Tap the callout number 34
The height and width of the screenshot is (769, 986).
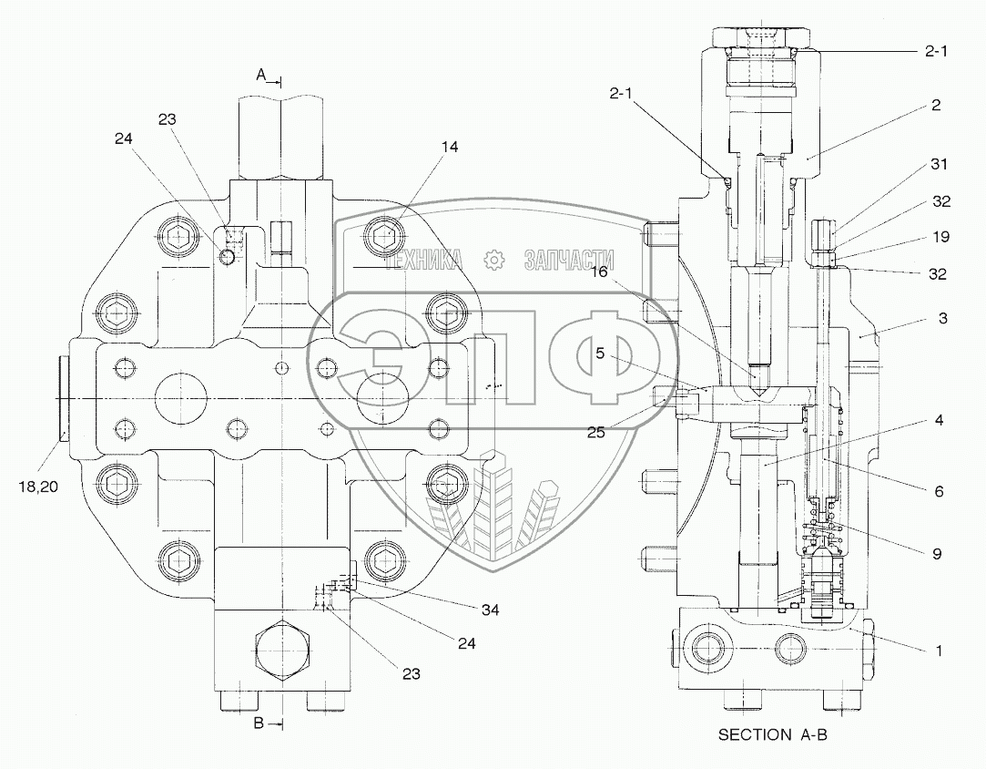[490, 609]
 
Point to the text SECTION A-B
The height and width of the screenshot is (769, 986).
[773, 734]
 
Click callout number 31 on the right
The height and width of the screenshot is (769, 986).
[940, 165]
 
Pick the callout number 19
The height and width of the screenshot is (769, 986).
[941, 237]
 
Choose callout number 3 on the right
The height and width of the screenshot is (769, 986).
[943, 318]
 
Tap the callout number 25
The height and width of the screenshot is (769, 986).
[595, 432]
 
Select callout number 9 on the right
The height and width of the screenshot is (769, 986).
[938, 552]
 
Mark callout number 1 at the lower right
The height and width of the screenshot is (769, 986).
[939, 651]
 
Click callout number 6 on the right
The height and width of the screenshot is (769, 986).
[938, 491]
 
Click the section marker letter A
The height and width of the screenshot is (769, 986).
[260, 77]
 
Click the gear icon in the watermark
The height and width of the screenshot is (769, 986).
[494, 261]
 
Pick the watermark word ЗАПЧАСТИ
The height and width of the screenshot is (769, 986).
[569, 261]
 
